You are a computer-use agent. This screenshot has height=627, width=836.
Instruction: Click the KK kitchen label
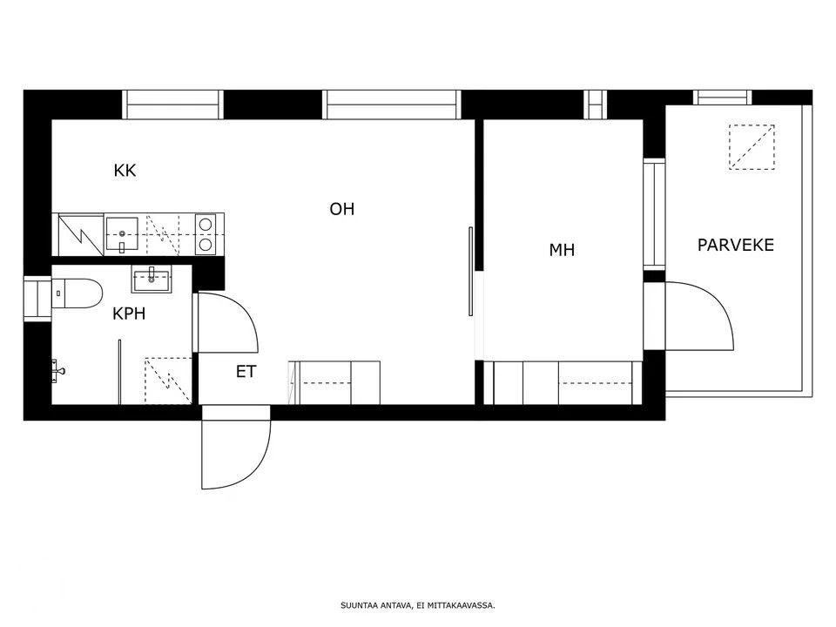click(x=125, y=171)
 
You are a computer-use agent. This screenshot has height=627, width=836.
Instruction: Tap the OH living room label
click(x=341, y=209)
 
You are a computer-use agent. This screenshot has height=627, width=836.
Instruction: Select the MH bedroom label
click(x=562, y=250)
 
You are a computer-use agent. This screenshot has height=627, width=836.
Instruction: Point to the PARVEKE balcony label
click(x=736, y=245)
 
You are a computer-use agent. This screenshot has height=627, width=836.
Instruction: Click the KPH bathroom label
click(x=129, y=313)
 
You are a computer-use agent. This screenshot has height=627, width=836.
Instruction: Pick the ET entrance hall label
click(x=246, y=372)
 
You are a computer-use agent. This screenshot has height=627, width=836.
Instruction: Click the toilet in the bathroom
click(x=77, y=293)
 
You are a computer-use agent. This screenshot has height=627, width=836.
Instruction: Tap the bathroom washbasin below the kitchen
click(x=152, y=280)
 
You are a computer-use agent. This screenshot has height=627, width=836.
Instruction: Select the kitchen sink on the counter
click(x=122, y=234)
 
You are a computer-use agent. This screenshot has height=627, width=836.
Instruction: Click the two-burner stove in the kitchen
click(x=206, y=233)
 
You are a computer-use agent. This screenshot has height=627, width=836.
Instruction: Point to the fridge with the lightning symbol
click(x=81, y=234)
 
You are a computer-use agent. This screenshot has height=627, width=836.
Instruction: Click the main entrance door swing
click(x=236, y=447)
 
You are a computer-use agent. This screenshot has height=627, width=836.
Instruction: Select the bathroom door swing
click(x=227, y=322)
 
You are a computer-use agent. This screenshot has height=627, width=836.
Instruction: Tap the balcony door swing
click(x=699, y=315)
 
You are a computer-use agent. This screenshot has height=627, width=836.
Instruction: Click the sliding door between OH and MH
click(x=471, y=272)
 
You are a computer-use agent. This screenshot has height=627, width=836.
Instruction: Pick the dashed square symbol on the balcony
click(x=752, y=147)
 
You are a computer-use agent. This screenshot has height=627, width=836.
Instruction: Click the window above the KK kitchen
click(x=172, y=104)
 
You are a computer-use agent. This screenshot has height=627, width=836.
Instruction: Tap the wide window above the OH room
click(x=392, y=104)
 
